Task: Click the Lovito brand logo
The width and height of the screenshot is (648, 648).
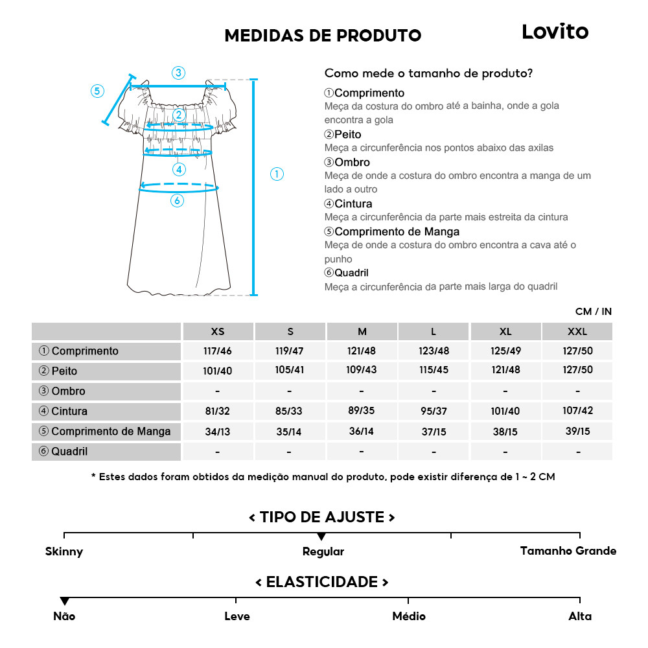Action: pos(555,32)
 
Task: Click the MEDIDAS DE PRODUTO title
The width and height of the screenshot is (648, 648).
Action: pos(323,36)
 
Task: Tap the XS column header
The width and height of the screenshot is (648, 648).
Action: pos(218,331)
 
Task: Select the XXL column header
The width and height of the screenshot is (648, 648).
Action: pos(577,331)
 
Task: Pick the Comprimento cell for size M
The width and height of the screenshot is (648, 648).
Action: pos(362,351)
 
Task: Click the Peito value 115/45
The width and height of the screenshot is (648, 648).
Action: pos(434,371)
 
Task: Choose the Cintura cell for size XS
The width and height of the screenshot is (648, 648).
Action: pos(218,411)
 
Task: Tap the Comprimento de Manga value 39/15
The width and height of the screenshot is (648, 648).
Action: pos(577,431)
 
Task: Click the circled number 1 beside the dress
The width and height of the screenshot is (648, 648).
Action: pos(277,174)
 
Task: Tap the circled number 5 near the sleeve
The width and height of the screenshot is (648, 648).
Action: pos(97,91)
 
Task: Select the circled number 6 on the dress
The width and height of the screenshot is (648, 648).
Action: pos(177,201)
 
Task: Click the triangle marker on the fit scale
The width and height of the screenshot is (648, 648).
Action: pos(321,537)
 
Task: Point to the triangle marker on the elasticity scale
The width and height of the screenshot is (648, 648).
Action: pos(64,601)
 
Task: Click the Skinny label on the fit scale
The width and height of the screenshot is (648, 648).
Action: pos(64,552)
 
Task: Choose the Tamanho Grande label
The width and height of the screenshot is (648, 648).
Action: pos(568,551)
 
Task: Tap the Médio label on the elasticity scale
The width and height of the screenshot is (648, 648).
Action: pos(409,616)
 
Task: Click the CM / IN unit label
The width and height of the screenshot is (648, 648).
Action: pos(593,312)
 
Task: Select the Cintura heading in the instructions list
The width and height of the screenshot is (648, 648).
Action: pos(353,203)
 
